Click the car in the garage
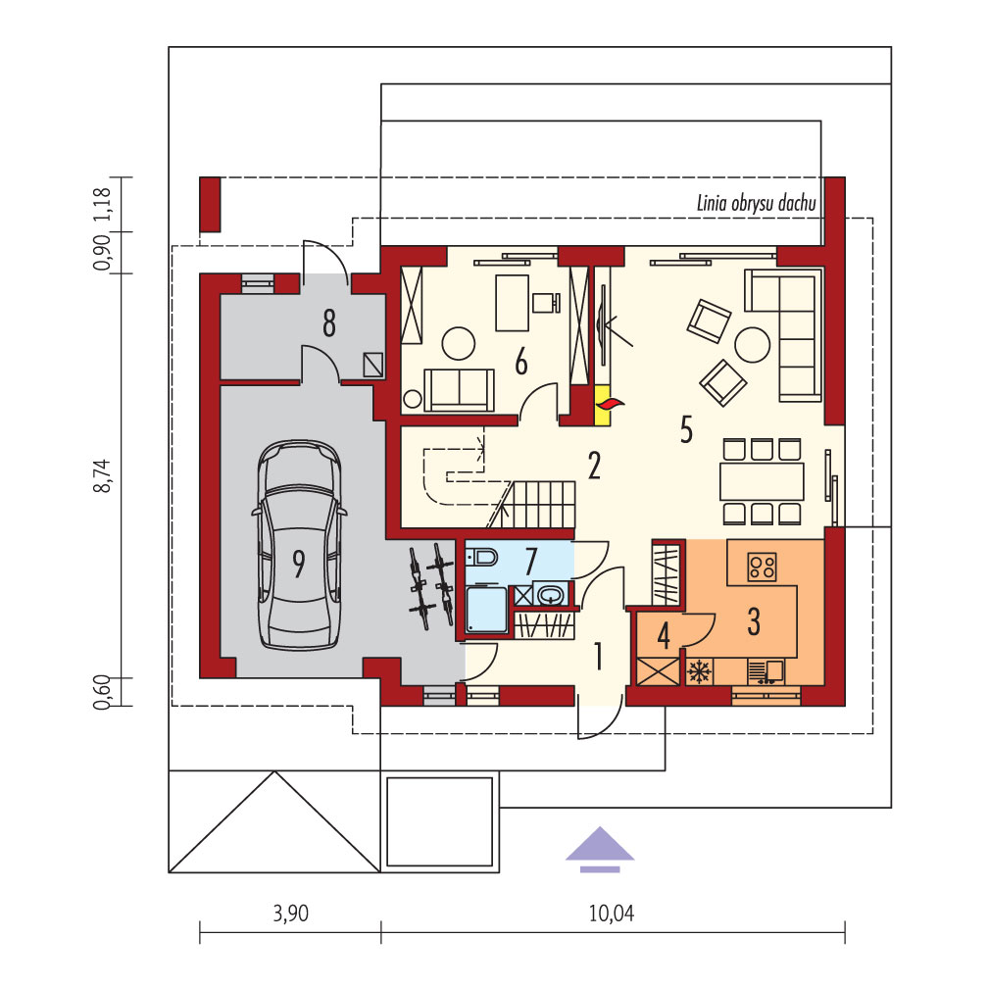coord(299,545)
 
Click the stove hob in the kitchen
coord(762,566)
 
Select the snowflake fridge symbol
coord(698,671)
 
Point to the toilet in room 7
coord(482,557)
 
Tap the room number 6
coord(521,363)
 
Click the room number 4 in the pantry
coord(664,636)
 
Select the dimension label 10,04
coord(612,914)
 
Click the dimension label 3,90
coord(290,914)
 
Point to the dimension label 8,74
coord(103,475)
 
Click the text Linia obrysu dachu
coord(756,203)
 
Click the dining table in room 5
coord(763,482)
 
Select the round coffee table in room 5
coord(753,345)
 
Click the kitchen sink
coord(766,671)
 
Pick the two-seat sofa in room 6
coord(459,390)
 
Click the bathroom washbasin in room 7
coord(551,594)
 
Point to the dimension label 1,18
coord(103,204)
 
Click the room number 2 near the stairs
coord(594,466)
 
